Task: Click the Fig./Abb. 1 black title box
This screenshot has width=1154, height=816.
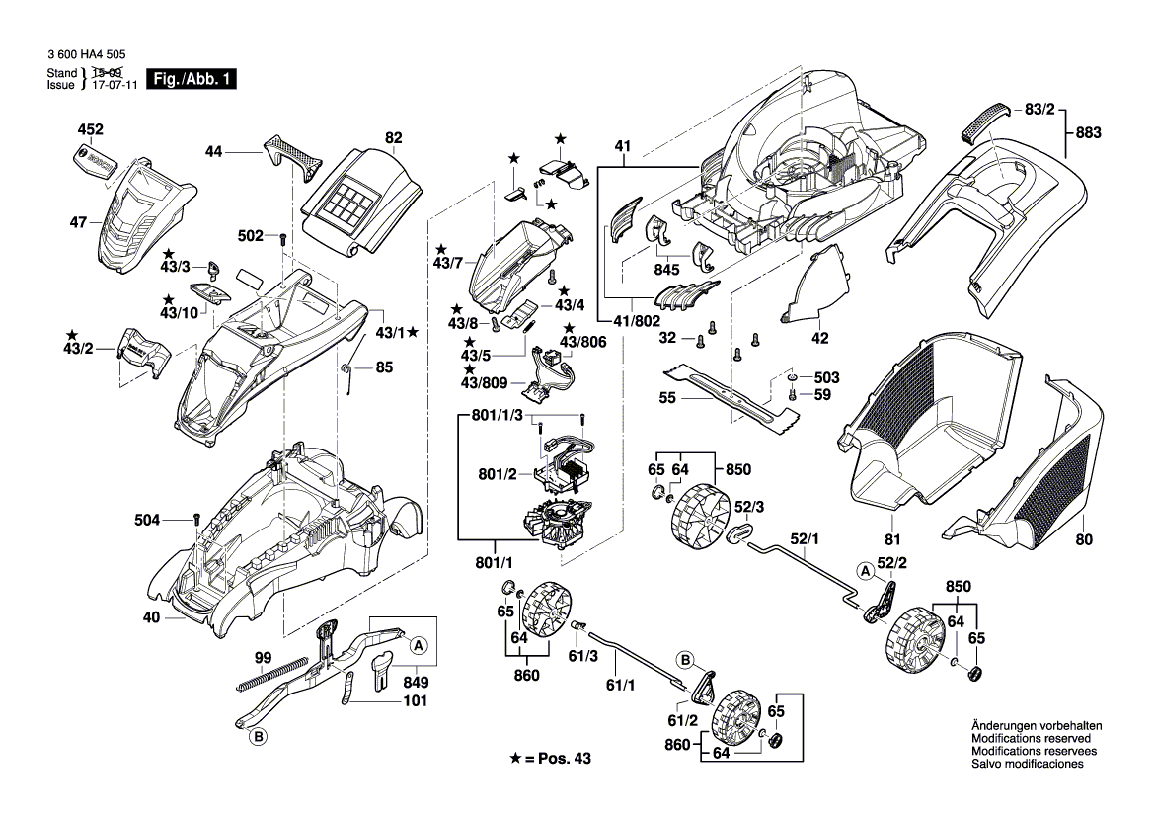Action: coord(192,79)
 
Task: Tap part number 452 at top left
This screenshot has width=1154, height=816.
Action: coord(91,130)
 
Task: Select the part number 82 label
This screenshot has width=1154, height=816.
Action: coord(394,138)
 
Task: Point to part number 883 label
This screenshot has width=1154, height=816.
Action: coord(1088,132)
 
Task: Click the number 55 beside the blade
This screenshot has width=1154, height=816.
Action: coord(667,398)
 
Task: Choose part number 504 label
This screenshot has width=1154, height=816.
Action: coord(148,520)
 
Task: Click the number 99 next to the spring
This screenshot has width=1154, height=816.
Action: coord(263,658)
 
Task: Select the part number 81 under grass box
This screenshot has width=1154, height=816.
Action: coord(892,540)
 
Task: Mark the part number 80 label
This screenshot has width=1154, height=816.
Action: coord(1085,540)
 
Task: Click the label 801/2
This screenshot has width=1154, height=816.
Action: coord(498,475)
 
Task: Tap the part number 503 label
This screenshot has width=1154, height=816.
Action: coord(827,378)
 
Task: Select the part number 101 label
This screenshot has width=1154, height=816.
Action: coord(415,702)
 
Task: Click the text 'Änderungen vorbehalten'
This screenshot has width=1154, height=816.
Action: coord(1037,726)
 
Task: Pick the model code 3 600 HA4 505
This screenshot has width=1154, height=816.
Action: coord(86,58)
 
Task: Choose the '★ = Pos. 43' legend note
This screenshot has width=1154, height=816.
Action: coord(554,758)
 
